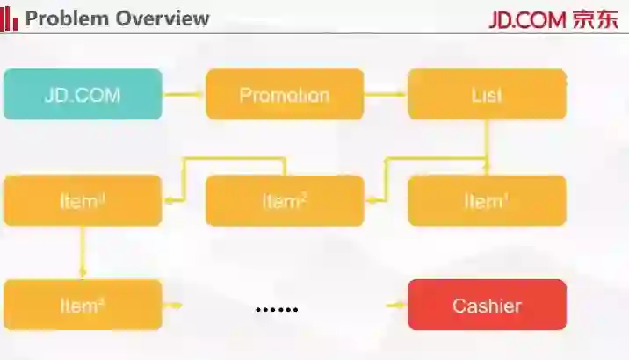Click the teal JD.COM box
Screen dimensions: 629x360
(x=83, y=95)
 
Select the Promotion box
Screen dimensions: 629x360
(x=285, y=95)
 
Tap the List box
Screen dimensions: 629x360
(x=487, y=95)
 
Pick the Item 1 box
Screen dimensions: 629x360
(x=487, y=201)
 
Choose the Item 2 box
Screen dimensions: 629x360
(x=285, y=201)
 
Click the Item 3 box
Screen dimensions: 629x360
(x=83, y=201)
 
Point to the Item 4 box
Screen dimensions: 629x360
(x=83, y=306)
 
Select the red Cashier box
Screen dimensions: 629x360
(x=487, y=306)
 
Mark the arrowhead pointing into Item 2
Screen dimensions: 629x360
(x=370, y=200)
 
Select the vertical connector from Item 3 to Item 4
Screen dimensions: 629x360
(x=83, y=253)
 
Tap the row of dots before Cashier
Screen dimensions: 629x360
(x=277, y=309)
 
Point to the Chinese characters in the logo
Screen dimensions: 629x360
(x=595, y=19)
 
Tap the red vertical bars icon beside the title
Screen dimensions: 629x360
(x=10, y=18)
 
